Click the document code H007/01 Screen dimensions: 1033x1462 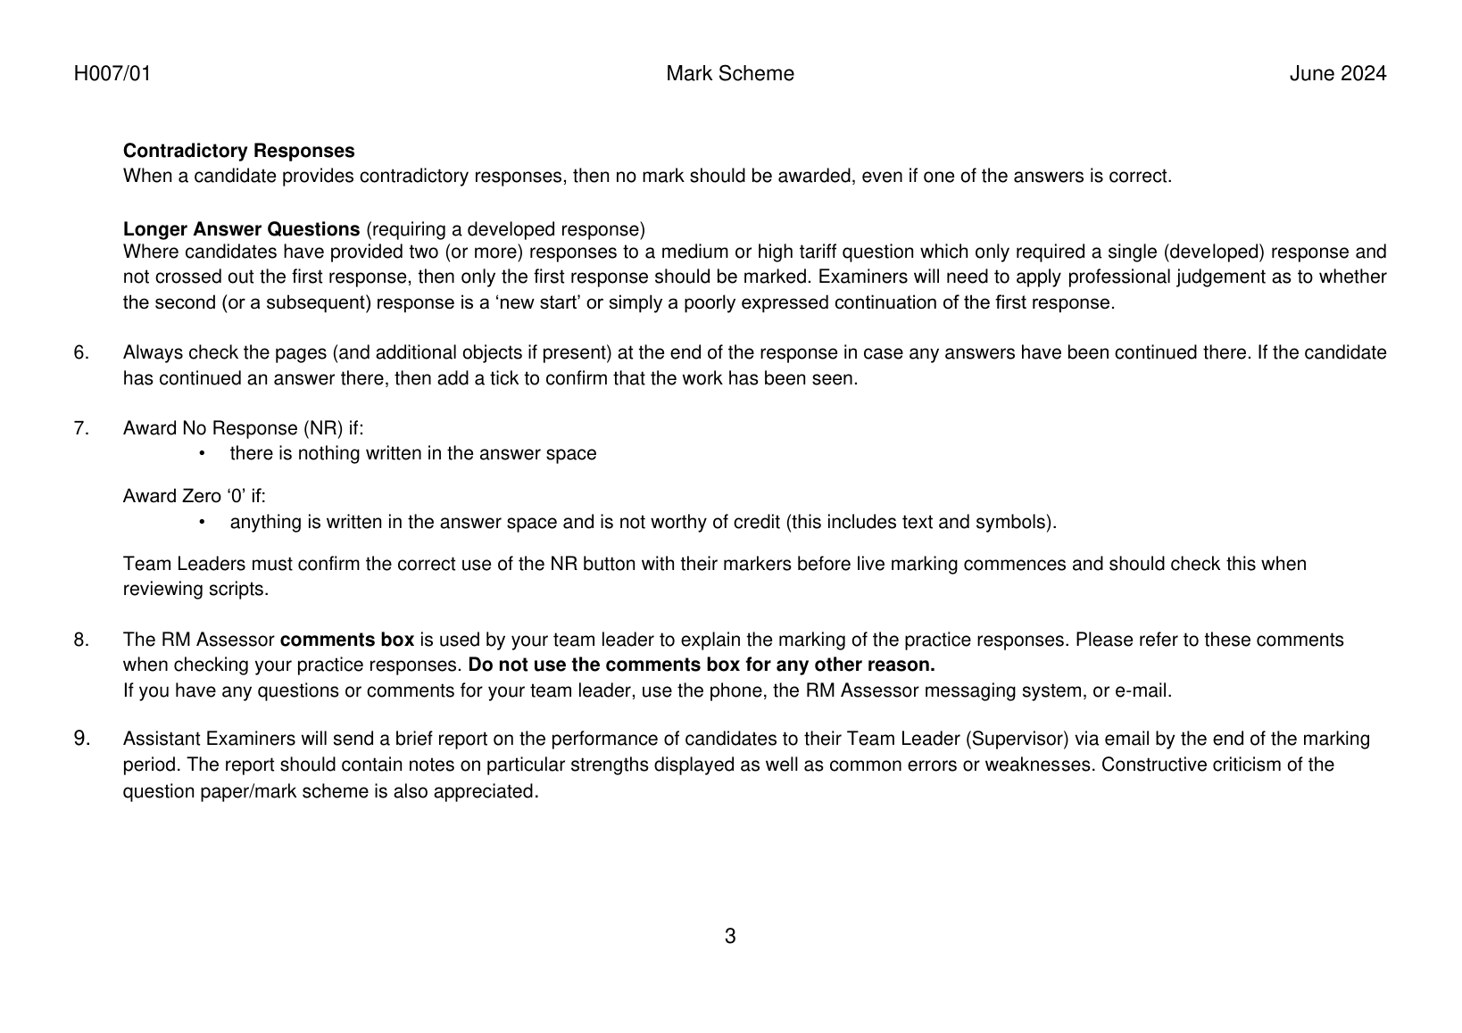click(112, 74)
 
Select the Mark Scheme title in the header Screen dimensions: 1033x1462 click(729, 74)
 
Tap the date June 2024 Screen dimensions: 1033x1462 click(1337, 74)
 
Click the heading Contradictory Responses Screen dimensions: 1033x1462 click(238, 151)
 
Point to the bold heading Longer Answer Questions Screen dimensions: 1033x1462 click(241, 229)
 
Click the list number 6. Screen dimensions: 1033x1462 click(81, 353)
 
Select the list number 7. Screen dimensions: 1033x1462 click(81, 428)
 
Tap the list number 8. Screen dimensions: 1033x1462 click(81, 640)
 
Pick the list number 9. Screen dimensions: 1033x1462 click(81, 739)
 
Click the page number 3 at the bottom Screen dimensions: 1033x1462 click(730, 937)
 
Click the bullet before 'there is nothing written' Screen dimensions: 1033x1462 click(202, 454)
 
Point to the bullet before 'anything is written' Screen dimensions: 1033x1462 click(202, 522)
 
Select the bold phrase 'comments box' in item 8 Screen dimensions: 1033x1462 click(347, 640)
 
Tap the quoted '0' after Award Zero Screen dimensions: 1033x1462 click(237, 497)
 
